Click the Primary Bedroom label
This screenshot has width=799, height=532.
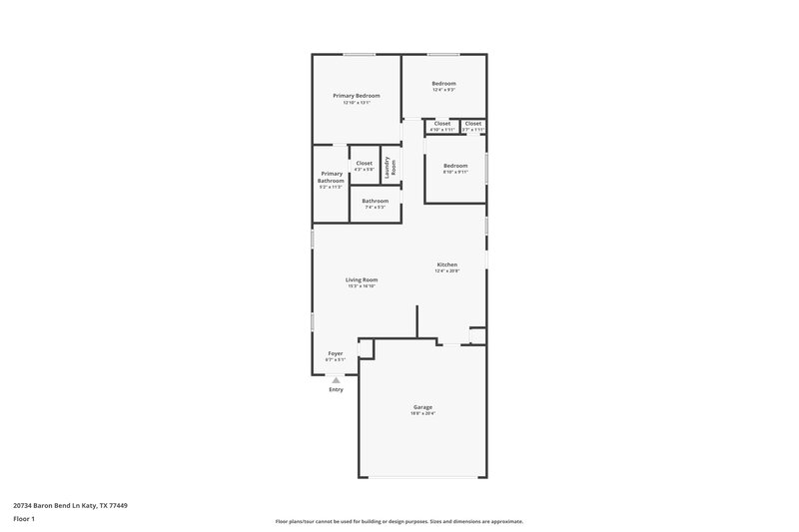[x=357, y=95]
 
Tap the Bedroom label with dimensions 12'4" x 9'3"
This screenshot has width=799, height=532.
[x=443, y=83]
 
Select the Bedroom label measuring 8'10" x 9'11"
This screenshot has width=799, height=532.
[x=455, y=165]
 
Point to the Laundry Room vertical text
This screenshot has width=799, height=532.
[x=394, y=167]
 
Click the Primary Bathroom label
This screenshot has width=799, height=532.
[x=331, y=177]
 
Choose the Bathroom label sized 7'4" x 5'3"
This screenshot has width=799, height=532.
[x=376, y=201]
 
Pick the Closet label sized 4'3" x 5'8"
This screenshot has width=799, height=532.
[x=364, y=163]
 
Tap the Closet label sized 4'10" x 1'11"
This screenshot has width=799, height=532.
[x=441, y=123]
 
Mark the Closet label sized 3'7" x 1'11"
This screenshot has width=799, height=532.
[x=473, y=123]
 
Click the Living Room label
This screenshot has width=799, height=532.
[x=362, y=279]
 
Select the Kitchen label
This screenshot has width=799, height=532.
[x=446, y=265]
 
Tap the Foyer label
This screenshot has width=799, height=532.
[x=336, y=353]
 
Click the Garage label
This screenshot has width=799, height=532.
[x=423, y=406]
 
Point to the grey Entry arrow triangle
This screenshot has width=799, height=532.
[x=337, y=380]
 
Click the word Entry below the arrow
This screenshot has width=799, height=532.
[x=337, y=389]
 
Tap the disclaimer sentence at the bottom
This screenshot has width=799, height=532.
[x=399, y=521]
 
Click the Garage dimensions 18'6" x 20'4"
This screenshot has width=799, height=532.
[x=423, y=413]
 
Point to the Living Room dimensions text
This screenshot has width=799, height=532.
[x=362, y=285]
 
